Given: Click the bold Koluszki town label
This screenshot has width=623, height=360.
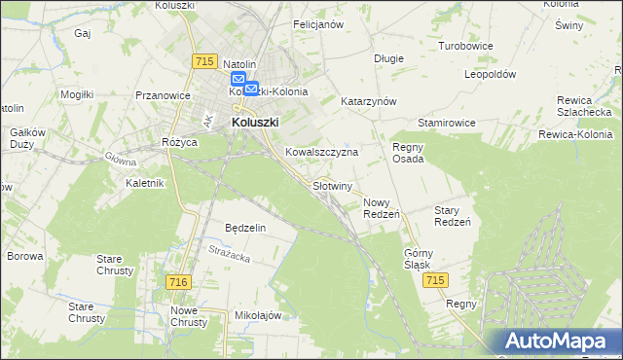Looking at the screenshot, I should click(x=255, y=123).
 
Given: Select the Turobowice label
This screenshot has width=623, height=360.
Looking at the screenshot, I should click(x=465, y=46).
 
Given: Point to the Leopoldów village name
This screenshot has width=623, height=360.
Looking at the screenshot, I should click(x=490, y=74).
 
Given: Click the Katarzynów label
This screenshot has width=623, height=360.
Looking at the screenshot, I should click(x=368, y=100).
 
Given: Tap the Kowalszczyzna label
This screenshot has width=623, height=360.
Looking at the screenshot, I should click(x=322, y=152).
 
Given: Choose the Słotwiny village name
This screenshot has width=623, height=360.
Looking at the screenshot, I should click(x=332, y=185).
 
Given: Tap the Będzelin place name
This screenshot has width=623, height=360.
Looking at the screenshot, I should click(x=245, y=227).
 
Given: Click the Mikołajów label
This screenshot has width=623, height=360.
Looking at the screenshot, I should click(x=258, y=315).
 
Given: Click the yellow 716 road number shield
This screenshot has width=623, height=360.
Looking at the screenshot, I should click(x=176, y=281).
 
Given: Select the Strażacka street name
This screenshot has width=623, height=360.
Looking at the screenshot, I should click(x=230, y=256).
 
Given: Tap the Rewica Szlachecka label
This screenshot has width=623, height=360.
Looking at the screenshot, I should click(x=584, y=106).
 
